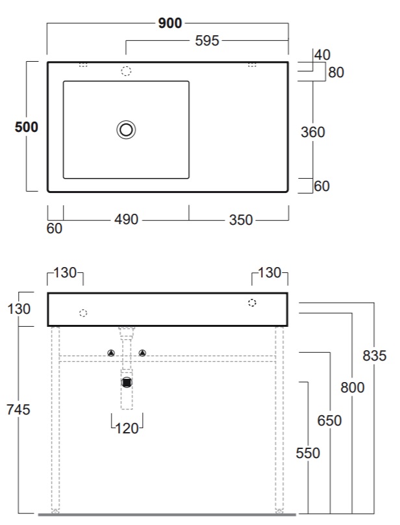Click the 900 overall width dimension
(170, 23)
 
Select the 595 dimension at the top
(207, 41)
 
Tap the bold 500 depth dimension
(27, 127)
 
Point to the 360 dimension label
(312, 132)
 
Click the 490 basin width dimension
(126, 220)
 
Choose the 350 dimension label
(241, 220)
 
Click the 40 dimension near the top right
(322, 55)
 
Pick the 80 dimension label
(336, 72)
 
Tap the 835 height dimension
(375, 355)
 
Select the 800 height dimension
(353, 387)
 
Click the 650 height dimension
(329, 420)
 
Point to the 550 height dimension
(308, 453)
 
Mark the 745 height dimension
(18, 409)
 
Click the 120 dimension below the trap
(127, 428)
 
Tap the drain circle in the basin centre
(126, 130)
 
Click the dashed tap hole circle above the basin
(126, 71)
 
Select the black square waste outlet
(127, 382)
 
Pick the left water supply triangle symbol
(111, 353)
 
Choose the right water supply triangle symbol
(142, 353)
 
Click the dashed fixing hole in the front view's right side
(252, 303)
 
